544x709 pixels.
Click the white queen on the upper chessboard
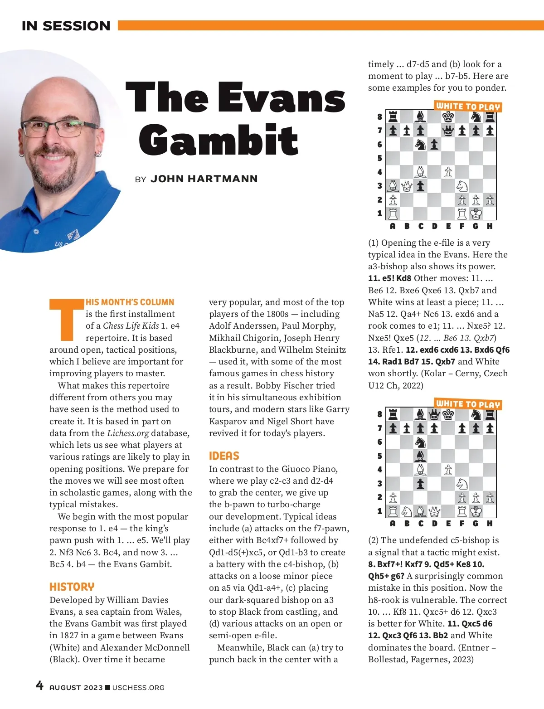407,186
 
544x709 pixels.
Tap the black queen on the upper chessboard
448,131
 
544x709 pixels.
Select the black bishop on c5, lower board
421,456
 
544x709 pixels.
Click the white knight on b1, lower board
407,511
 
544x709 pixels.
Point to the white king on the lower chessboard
476,511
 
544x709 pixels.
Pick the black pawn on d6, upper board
434,145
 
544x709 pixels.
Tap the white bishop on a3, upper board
393,186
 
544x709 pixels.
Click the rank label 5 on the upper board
380,158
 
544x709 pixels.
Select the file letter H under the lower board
490,524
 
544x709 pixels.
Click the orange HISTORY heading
72,587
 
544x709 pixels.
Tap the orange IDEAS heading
224,456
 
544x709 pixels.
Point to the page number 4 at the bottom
40,685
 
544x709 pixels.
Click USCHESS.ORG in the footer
138,688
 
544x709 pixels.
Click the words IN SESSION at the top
66,26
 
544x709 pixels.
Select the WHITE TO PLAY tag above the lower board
468,403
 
